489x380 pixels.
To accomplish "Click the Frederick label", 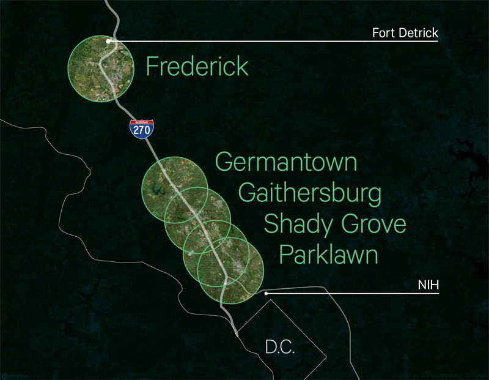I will click(x=197, y=67).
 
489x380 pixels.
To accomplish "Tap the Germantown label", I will click(x=286, y=163).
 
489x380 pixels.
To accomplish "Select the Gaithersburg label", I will click(x=310, y=193).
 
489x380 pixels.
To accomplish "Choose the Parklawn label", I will click(x=329, y=254).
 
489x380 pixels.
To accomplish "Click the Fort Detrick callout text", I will click(x=405, y=33).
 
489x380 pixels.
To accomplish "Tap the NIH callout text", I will click(x=429, y=285).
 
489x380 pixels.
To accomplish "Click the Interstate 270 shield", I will click(x=142, y=130).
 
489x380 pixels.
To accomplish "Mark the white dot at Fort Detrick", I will click(x=108, y=41).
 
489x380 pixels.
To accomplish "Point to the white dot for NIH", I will click(x=267, y=293).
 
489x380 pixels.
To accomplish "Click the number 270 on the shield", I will click(x=142, y=132).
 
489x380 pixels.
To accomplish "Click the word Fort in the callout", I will click(x=383, y=33).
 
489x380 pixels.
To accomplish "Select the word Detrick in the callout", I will click(x=418, y=33).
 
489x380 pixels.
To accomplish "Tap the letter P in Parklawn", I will click(x=285, y=254).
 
